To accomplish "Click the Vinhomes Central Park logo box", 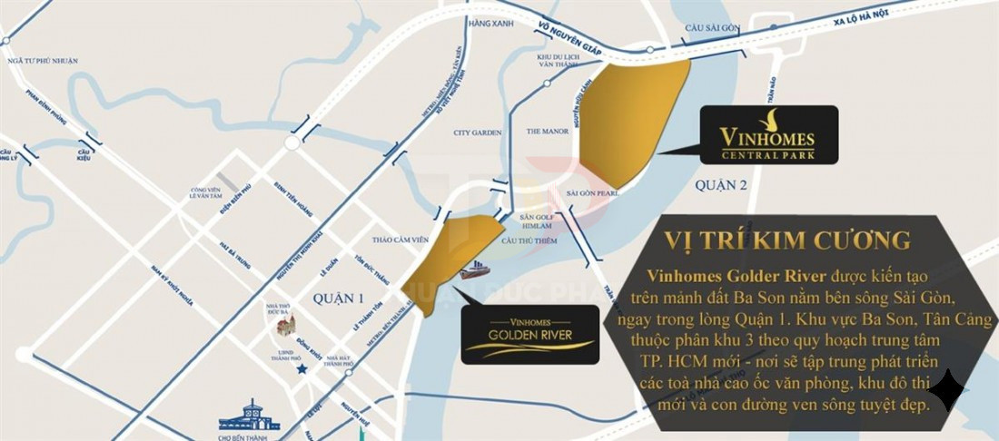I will [768, 134].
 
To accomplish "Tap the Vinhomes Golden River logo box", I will [530, 335].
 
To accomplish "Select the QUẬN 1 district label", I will [337, 297].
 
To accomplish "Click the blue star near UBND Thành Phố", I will [301, 369].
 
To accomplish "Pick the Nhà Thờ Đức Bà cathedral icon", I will [287, 327].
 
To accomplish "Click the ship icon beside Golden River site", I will [474, 271].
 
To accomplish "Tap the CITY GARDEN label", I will [478, 132].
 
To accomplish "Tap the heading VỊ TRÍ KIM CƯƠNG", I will [787, 240].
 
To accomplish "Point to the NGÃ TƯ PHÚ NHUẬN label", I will [42, 60].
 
